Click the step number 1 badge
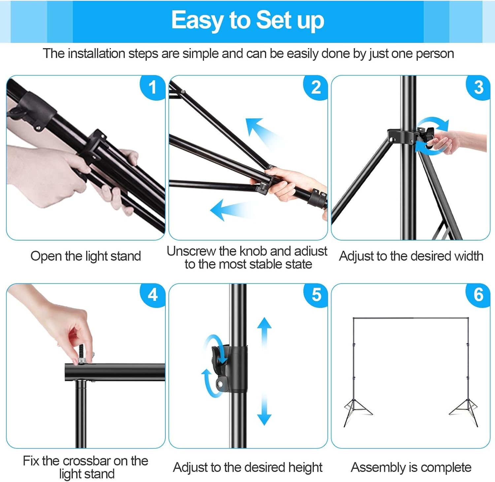coord(152,88)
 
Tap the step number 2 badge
coord(316,88)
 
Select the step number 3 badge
coord(478,88)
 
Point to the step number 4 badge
coord(152,295)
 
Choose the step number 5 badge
coord(316,295)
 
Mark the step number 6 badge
coord(478,295)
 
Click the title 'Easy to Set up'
coord(247,20)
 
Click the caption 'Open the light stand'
coord(85,256)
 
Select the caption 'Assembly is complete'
coord(411,467)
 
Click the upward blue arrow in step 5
coord(264,330)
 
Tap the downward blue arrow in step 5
coord(264,412)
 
